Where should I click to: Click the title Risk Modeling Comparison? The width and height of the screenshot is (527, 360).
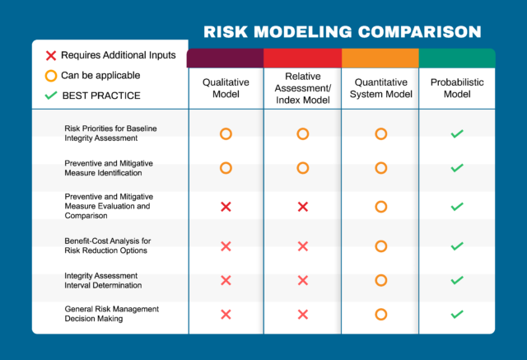pos(342,33)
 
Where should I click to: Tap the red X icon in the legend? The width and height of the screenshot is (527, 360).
pos(50,55)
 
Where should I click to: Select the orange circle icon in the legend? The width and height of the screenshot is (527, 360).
pos(50,75)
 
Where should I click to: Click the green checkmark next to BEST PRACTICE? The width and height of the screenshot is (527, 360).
pos(50,96)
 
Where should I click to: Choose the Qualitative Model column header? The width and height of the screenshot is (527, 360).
pos(225,88)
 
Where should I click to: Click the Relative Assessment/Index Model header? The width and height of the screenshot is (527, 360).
pos(302,88)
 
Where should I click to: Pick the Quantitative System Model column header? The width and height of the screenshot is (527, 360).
pos(380,88)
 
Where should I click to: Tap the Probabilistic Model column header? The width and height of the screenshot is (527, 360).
pos(457,88)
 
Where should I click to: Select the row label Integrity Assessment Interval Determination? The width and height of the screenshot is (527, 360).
pos(106,280)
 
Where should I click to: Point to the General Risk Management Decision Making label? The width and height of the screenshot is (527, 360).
pos(111,314)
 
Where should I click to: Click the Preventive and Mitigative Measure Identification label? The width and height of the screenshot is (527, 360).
pos(109,168)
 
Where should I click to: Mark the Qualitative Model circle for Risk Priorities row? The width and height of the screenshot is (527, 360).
pos(226,133)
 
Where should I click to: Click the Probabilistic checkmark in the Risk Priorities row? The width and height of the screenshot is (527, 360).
pos(457,133)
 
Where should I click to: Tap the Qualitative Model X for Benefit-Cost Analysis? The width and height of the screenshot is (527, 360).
pos(226,245)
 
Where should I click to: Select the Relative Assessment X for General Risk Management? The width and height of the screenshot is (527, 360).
pos(302,314)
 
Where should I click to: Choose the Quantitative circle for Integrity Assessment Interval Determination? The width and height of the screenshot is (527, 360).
pos(380,280)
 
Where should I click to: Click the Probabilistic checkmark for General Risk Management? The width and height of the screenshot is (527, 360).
pos(457,314)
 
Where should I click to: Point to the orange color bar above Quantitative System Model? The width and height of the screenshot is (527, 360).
pos(380,58)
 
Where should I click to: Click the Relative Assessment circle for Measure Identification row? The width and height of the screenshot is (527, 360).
pos(302,168)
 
